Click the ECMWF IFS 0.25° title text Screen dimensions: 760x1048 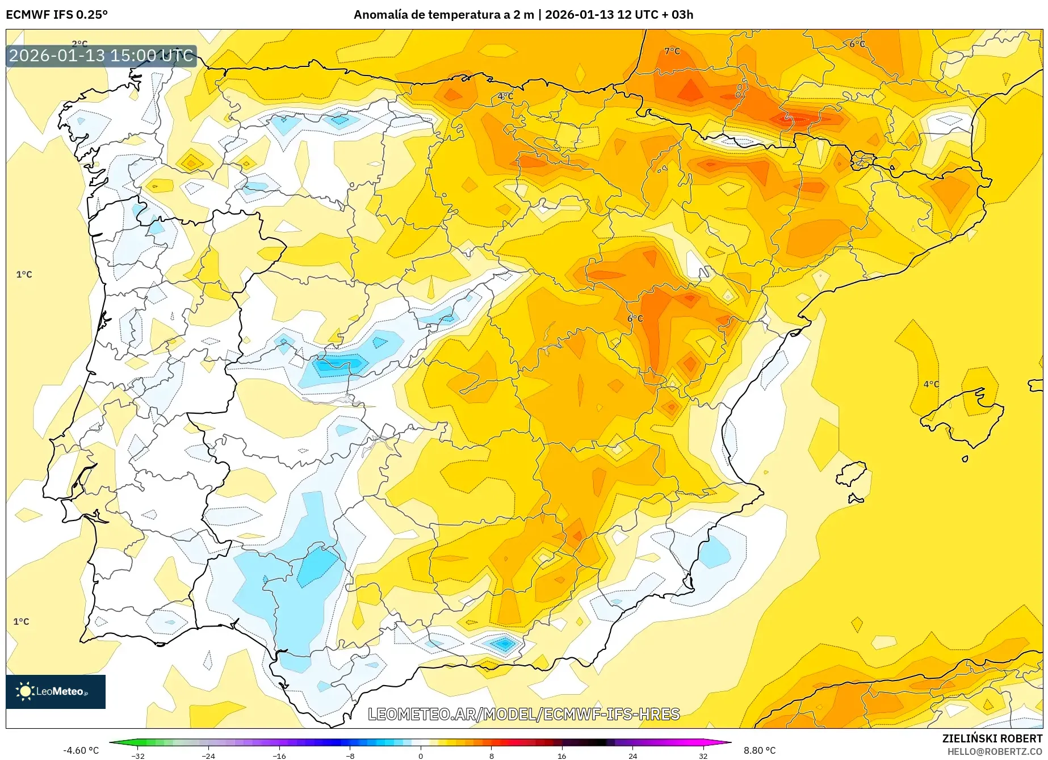56,15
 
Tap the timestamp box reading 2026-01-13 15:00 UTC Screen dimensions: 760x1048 101,56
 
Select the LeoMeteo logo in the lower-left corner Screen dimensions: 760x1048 56,691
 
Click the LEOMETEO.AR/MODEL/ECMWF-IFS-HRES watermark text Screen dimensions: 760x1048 523,714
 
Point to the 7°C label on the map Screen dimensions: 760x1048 672,51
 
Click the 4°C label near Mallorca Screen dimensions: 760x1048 931,384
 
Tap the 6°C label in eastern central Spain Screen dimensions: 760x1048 635,318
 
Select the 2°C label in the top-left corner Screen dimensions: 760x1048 79,43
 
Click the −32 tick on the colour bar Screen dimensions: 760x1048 138,756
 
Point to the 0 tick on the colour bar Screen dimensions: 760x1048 421,756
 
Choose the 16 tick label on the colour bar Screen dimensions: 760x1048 561,756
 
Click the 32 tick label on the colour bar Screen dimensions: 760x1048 703,756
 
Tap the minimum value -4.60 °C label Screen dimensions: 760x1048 81,750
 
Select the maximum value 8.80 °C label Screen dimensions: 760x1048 760,750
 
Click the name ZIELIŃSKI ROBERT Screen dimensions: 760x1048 992,738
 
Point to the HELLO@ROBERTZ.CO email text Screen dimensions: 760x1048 995,751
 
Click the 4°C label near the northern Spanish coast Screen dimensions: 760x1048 505,96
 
